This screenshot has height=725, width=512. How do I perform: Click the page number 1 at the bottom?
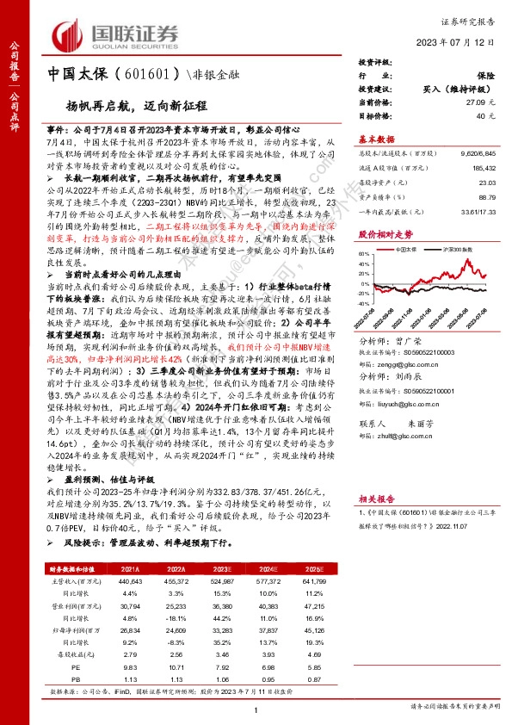256,709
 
